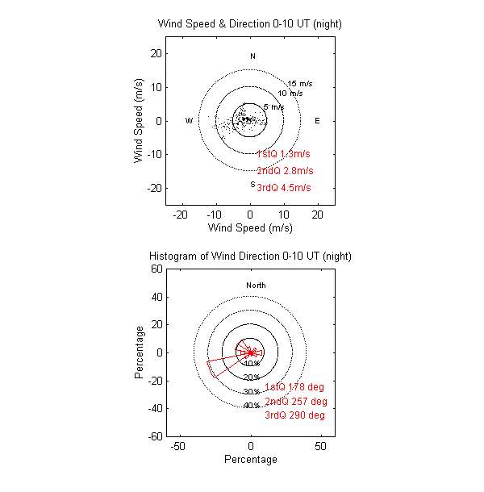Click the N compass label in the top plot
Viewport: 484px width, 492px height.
(x=252, y=56)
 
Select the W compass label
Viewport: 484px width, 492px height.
(x=189, y=121)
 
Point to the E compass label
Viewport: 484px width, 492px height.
(x=317, y=121)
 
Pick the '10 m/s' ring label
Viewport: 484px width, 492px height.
(x=291, y=94)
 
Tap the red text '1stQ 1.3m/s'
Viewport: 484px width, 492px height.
(x=283, y=154)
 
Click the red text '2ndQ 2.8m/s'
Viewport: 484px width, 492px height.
(x=284, y=171)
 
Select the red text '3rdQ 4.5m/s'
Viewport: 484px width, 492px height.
(x=284, y=188)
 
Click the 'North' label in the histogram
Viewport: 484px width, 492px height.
(x=256, y=286)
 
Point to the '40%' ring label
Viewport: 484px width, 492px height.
(x=251, y=405)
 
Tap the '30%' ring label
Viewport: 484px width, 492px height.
(x=251, y=391)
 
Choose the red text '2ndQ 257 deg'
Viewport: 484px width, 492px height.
(x=296, y=402)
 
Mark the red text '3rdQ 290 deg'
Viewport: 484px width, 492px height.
(x=295, y=415)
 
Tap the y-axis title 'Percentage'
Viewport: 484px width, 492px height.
(x=140, y=352)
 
